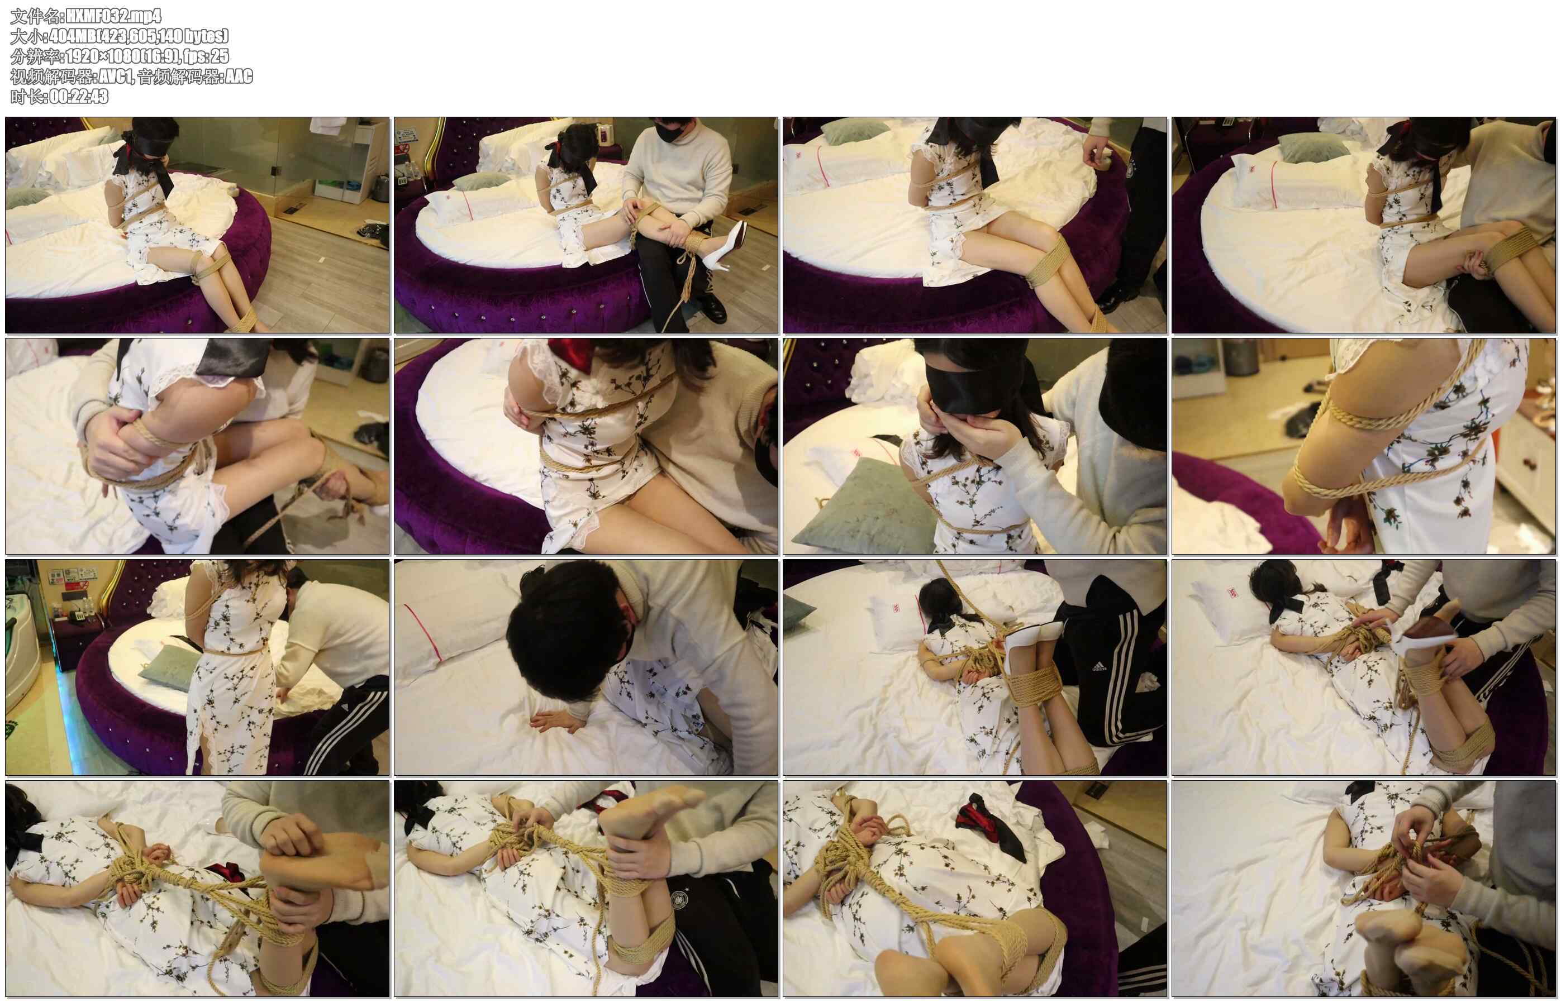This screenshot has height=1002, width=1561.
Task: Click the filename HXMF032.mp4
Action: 113,16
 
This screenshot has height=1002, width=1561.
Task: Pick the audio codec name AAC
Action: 238,76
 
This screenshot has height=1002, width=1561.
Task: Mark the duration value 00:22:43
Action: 79,96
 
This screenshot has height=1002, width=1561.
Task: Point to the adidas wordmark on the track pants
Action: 1098,666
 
